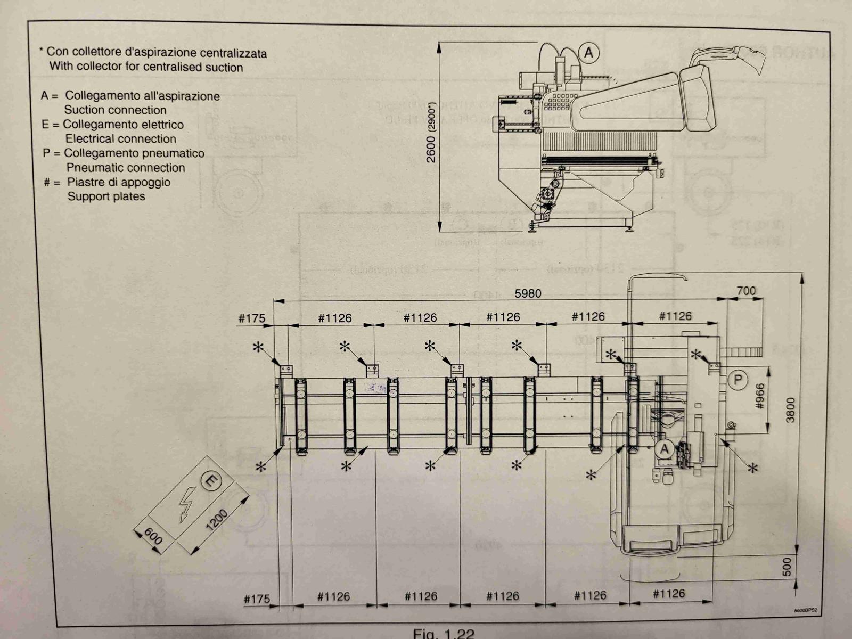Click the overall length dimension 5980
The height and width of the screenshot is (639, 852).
(527, 293)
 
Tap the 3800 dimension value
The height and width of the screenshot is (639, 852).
(791, 409)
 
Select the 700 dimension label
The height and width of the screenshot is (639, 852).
(746, 291)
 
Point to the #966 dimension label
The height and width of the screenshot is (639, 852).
(760, 397)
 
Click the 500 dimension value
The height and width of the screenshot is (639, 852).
(788, 566)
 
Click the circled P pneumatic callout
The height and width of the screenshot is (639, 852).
(738, 380)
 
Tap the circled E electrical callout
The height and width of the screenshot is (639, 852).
(211, 482)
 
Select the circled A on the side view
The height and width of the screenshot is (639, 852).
(589, 53)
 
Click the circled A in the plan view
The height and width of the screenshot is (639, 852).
(664, 449)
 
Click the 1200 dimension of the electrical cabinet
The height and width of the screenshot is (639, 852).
(217, 520)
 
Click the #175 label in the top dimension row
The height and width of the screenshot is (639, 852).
(251, 318)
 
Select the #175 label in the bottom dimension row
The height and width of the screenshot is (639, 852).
(257, 599)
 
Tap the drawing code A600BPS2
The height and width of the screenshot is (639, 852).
(805, 611)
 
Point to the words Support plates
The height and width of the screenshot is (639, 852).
(106, 196)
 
